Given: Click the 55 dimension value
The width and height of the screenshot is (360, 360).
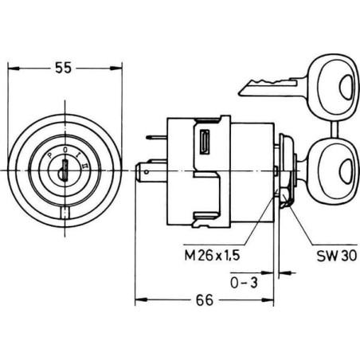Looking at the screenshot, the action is [x=64, y=68].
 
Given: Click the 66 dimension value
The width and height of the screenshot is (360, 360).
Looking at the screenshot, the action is [x=205, y=300].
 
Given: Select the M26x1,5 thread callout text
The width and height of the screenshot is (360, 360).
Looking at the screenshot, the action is [x=212, y=256].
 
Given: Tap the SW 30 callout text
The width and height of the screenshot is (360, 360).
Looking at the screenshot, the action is [x=337, y=256].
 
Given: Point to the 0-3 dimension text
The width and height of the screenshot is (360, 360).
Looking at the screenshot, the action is [x=244, y=283].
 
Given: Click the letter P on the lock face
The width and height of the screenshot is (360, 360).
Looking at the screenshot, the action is [x=49, y=155].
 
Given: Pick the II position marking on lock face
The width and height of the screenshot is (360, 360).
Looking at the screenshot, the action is [x=84, y=166].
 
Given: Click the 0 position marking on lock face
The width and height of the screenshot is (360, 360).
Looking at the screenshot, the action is [x=65, y=151].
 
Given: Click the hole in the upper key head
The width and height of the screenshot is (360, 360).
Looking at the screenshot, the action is [x=346, y=87].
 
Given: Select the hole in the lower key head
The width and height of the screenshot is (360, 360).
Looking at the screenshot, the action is [x=346, y=171].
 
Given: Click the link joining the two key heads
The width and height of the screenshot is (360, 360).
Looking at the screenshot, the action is [x=335, y=129].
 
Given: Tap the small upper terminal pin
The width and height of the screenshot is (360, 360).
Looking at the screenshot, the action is [x=156, y=137].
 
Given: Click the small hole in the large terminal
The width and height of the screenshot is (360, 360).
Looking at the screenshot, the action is [x=147, y=172].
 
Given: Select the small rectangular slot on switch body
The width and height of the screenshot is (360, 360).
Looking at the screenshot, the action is [x=205, y=142].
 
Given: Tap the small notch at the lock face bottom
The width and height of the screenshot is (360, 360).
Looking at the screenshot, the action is [x=65, y=213].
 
